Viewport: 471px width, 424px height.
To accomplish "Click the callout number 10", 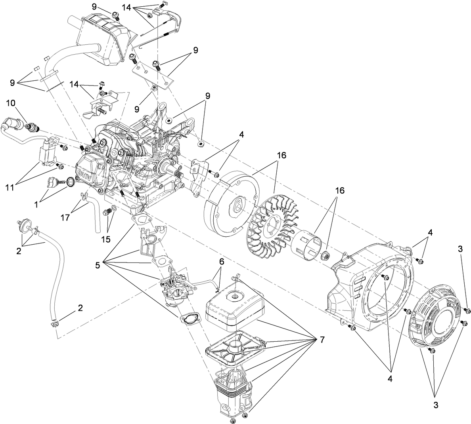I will tap(11, 103).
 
